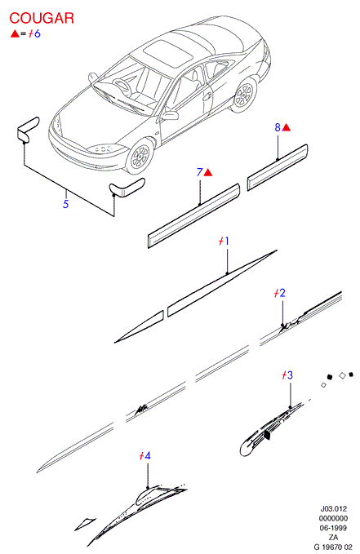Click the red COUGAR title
pos(42,18)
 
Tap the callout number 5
pos(65,204)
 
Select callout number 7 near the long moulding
pos(200,172)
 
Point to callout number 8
pos(278,127)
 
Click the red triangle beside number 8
pos(287,127)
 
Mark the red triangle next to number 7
pos(208,173)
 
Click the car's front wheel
pos(140,156)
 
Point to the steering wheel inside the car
pos(122,86)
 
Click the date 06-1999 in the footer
pos(333,528)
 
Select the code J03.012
pos(334,509)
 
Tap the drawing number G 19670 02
pos(333,547)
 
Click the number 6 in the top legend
pos(37,33)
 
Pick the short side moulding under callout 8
pos(278,167)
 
